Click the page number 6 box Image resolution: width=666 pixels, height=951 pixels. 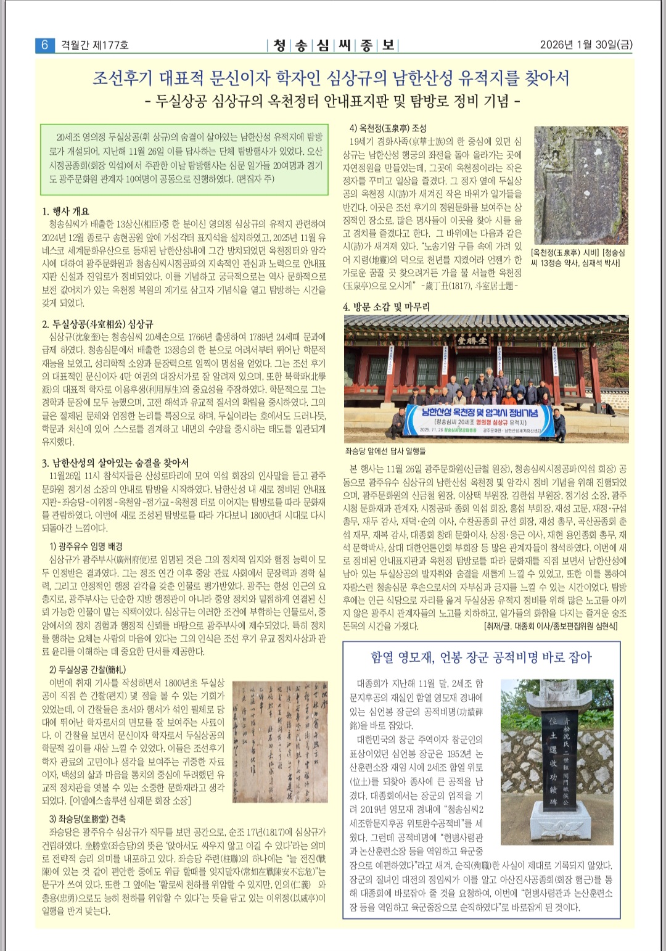click(x=44, y=45)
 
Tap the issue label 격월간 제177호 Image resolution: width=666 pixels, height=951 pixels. click(x=95, y=45)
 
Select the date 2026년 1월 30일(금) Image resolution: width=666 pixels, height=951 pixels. click(x=585, y=44)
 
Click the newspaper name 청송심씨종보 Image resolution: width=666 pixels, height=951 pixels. click(x=333, y=45)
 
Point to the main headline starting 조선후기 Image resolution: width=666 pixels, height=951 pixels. click(x=331, y=78)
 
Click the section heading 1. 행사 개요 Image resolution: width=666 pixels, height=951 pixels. click(x=66, y=211)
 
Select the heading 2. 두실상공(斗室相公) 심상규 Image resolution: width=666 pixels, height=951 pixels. click(x=97, y=324)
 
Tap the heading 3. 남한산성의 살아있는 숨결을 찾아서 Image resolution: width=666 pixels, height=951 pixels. click(x=115, y=463)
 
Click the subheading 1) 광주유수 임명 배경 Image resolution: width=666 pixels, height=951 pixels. click(x=86, y=546)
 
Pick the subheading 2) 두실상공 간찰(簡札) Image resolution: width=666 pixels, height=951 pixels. click(x=87, y=669)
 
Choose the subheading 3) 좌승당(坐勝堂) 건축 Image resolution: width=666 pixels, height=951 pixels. click(x=87, y=818)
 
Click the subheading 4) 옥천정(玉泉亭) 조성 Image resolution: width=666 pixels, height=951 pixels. click(x=388, y=128)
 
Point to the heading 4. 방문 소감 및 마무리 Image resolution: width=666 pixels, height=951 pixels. click(x=387, y=307)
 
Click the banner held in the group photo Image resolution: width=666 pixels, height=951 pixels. click(x=470, y=421)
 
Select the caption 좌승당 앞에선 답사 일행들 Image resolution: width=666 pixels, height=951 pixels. click(x=385, y=451)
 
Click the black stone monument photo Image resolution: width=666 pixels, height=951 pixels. click(x=557, y=762)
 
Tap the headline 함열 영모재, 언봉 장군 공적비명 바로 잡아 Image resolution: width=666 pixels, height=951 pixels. click(x=481, y=657)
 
